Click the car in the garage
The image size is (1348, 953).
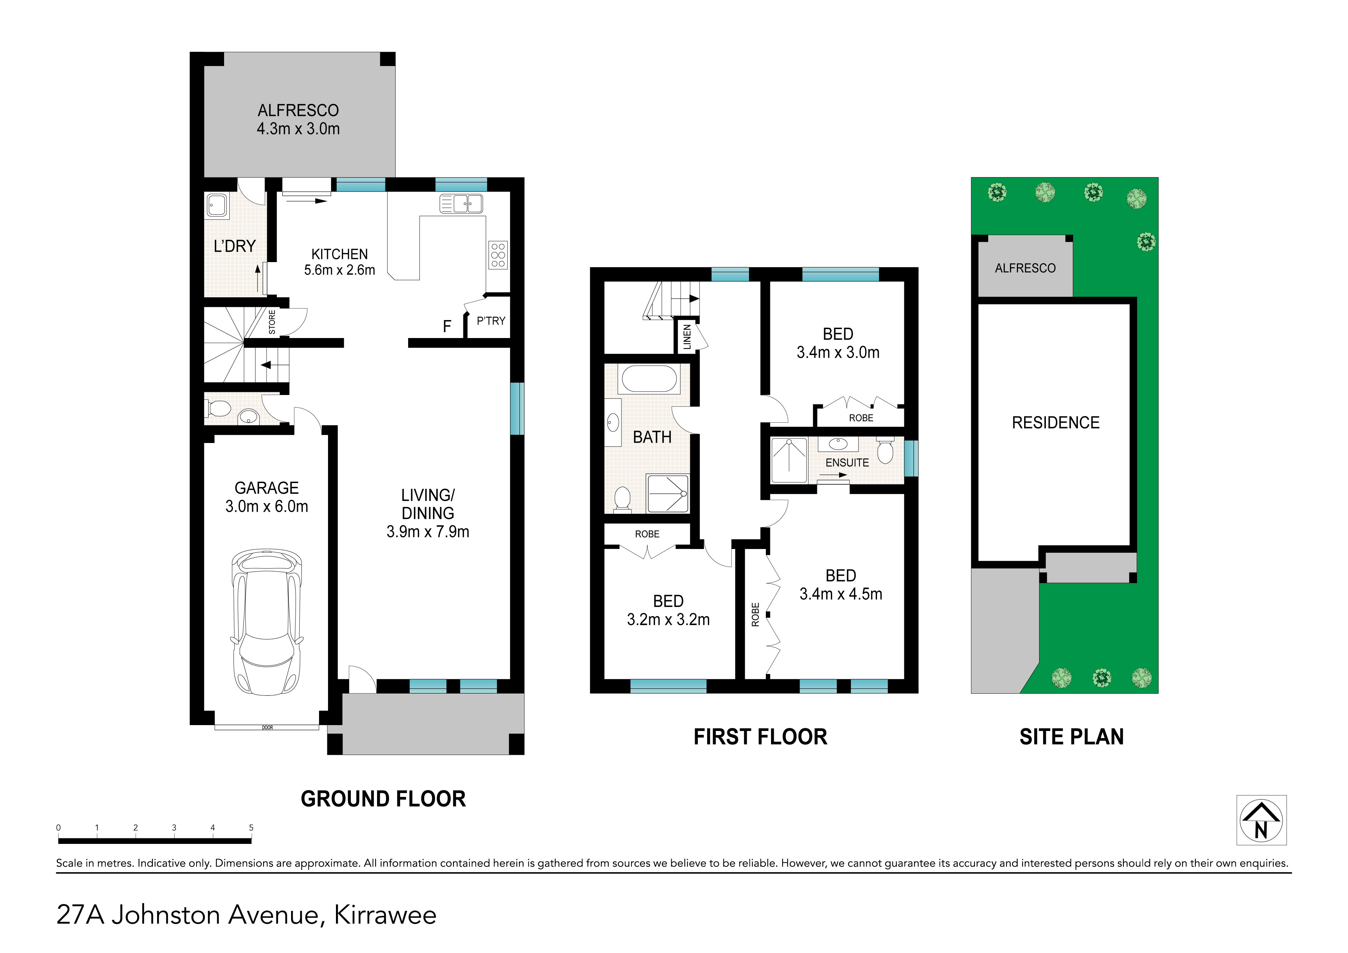tap(267, 623)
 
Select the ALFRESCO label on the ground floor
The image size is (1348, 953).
tap(298, 110)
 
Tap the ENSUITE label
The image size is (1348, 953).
tap(847, 463)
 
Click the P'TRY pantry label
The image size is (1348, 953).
tap(491, 321)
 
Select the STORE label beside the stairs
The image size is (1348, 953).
tap(272, 323)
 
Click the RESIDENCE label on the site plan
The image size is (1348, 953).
tap(1056, 423)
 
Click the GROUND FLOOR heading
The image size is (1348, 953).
tap(383, 799)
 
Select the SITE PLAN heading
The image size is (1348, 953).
tap(1071, 737)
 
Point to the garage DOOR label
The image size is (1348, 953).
tap(268, 728)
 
